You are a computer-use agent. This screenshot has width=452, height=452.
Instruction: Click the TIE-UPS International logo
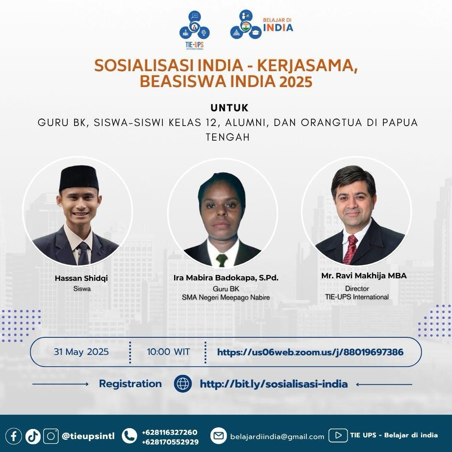(x=195, y=30)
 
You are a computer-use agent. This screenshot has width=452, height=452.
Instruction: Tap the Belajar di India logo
(x=262, y=25)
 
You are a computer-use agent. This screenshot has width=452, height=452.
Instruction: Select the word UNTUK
(x=229, y=108)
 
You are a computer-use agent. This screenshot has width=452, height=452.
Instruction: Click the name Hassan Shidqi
(x=81, y=278)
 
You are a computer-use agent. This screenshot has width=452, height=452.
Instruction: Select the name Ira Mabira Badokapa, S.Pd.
(x=226, y=278)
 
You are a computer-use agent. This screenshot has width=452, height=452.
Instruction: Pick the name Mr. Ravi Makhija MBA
(x=364, y=275)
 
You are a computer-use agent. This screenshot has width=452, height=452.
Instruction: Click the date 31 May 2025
(x=81, y=352)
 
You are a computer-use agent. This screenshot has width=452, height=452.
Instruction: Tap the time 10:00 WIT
(x=168, y=352)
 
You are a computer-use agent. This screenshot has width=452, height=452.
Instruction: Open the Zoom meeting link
(x=310, y=352)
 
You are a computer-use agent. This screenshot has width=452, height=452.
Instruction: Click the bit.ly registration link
(x=274, y=384)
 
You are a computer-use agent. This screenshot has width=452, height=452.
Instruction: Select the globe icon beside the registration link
(x=183, y=384)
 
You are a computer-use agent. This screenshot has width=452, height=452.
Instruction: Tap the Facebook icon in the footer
(x=13, y=436)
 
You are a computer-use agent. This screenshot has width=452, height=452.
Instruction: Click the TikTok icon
(x=33, y=436)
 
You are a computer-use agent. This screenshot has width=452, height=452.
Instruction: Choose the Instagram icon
(x=51, y=436)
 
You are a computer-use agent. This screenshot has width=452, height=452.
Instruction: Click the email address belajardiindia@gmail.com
(x=277, y=437)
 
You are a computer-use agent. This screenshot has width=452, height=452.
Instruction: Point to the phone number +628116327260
(x=169, y=432)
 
